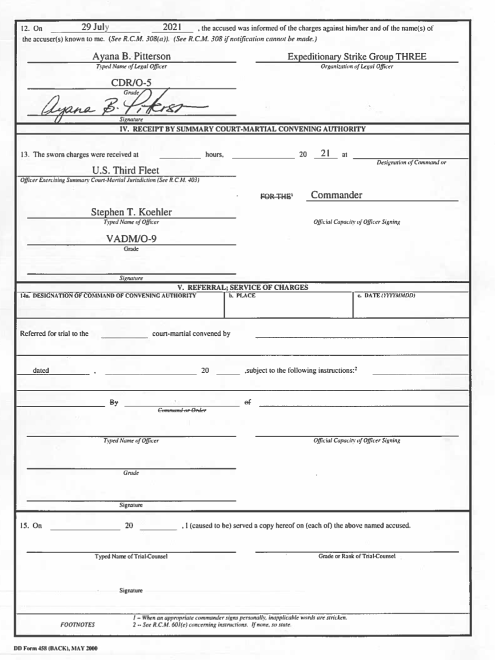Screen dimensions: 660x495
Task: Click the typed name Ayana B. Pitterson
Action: coord(131,57)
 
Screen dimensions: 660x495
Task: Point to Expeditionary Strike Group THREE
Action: coord(357,57)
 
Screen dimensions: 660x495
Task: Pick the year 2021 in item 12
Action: coord(172,27)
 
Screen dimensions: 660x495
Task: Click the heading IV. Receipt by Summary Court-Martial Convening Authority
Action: coord(242,129)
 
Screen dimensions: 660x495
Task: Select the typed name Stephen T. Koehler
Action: coord(131,212)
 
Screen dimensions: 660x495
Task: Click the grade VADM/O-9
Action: coord(131,240)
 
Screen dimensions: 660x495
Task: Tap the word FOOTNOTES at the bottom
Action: coord(78,625)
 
